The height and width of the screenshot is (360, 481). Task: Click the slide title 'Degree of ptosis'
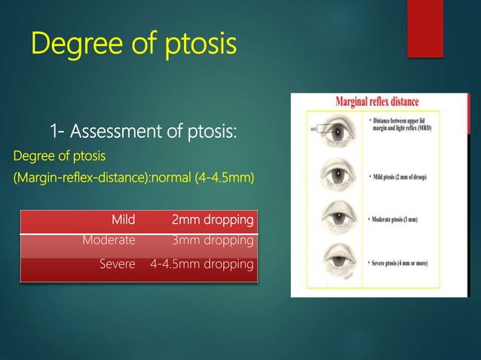133,43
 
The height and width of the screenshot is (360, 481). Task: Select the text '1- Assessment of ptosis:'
143,133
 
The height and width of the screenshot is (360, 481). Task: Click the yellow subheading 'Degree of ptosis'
60,156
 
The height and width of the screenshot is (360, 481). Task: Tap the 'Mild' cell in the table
123,221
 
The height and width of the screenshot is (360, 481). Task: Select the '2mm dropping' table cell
213,221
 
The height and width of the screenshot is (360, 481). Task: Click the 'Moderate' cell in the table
109,240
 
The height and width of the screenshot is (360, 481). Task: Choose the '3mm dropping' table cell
213,240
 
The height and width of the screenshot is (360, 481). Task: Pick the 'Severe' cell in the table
117,265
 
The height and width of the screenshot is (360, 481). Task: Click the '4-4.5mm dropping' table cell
202,265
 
